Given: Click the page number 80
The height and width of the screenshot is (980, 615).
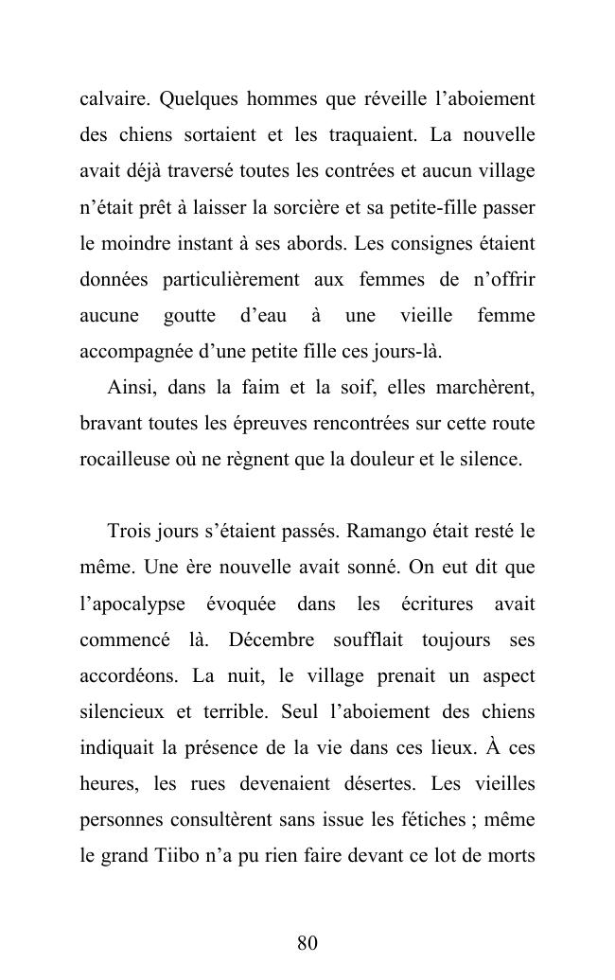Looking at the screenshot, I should pyautogui.click(x=307, y=943).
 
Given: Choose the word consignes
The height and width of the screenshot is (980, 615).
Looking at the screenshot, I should pyautogui.click(x=425, y=243).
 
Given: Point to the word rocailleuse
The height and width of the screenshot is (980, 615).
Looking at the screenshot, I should pyautogui.click(x=122, y=460).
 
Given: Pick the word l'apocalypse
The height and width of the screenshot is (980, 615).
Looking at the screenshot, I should pyautogui.click(x=132, y=604).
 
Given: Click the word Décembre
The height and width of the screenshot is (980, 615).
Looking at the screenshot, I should pyautogui.click(x=272, y=640).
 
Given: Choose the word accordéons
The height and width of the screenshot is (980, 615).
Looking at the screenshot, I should pyautogui.click(x=129, y=676).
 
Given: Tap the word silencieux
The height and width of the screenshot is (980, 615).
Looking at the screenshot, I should pyautogui.click(x=120, y=712).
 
